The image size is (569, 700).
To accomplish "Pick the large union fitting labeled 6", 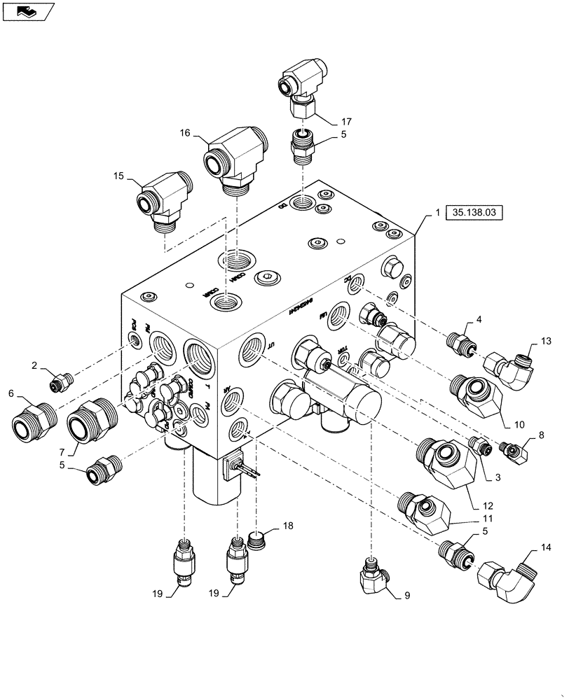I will (x=34, y=422).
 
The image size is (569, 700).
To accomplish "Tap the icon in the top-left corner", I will (x=27, y=11).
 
